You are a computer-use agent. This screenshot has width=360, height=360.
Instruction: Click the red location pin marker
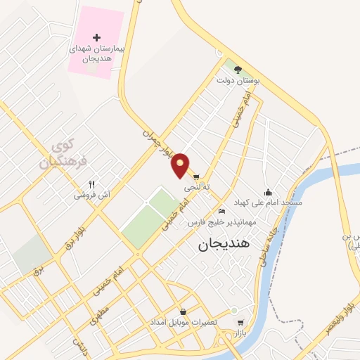(181, 164)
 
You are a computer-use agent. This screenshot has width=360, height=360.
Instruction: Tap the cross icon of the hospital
(97, 37)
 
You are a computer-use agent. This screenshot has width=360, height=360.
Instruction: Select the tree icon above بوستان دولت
(238, 69)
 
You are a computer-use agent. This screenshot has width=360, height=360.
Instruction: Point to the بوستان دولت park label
(238, 81)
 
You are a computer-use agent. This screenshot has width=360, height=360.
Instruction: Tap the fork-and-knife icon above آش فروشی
(91, 184)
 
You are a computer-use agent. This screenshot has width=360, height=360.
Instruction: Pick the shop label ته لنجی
(198, 188)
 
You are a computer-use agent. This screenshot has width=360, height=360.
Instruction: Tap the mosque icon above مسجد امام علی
(267, 191)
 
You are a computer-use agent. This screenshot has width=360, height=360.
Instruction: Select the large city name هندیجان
(224, 244)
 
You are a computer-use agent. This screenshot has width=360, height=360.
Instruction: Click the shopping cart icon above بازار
(240, 323)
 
